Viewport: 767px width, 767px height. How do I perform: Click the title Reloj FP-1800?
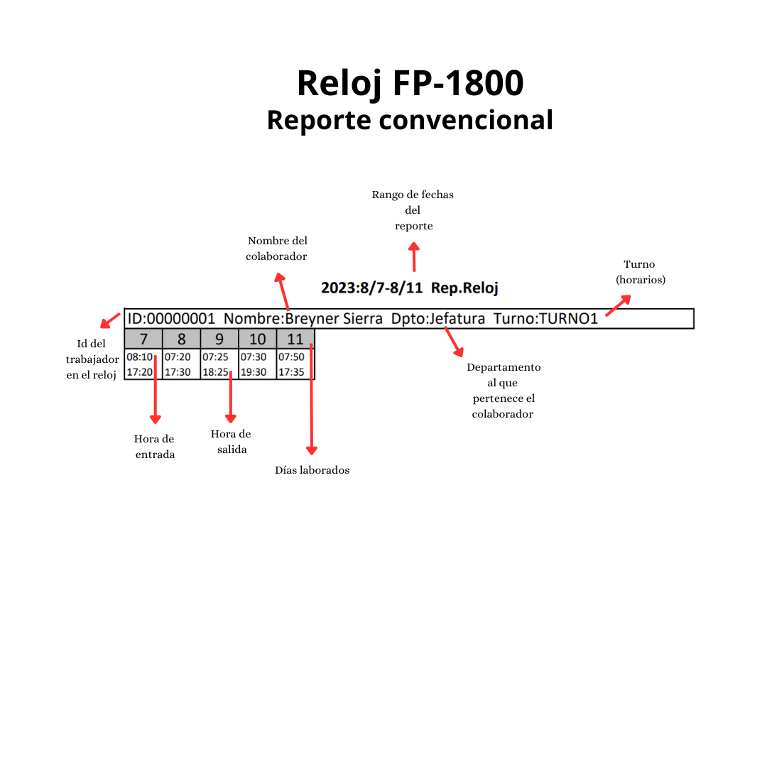410,83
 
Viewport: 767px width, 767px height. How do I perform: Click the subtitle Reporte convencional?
410,120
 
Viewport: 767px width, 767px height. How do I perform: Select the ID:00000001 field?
171,319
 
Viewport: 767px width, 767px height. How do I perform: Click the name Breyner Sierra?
334,319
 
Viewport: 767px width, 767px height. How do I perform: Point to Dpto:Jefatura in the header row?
437,319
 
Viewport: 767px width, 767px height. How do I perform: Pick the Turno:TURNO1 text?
545,319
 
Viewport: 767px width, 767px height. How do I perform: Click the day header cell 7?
143,339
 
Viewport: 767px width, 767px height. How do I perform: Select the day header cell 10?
257,339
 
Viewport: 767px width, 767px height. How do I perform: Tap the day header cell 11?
295,339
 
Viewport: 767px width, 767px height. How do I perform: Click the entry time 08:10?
139,357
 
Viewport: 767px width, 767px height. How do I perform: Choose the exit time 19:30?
253,371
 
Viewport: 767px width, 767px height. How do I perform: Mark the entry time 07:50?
291,357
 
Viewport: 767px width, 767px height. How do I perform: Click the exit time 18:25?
215,371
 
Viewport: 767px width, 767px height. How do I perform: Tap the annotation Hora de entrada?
154,447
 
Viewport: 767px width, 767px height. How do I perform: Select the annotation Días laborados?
312,470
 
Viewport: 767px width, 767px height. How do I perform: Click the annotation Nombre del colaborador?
277,249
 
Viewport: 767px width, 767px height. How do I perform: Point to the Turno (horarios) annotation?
640,272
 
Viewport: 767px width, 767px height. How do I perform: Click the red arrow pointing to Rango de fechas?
414,256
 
